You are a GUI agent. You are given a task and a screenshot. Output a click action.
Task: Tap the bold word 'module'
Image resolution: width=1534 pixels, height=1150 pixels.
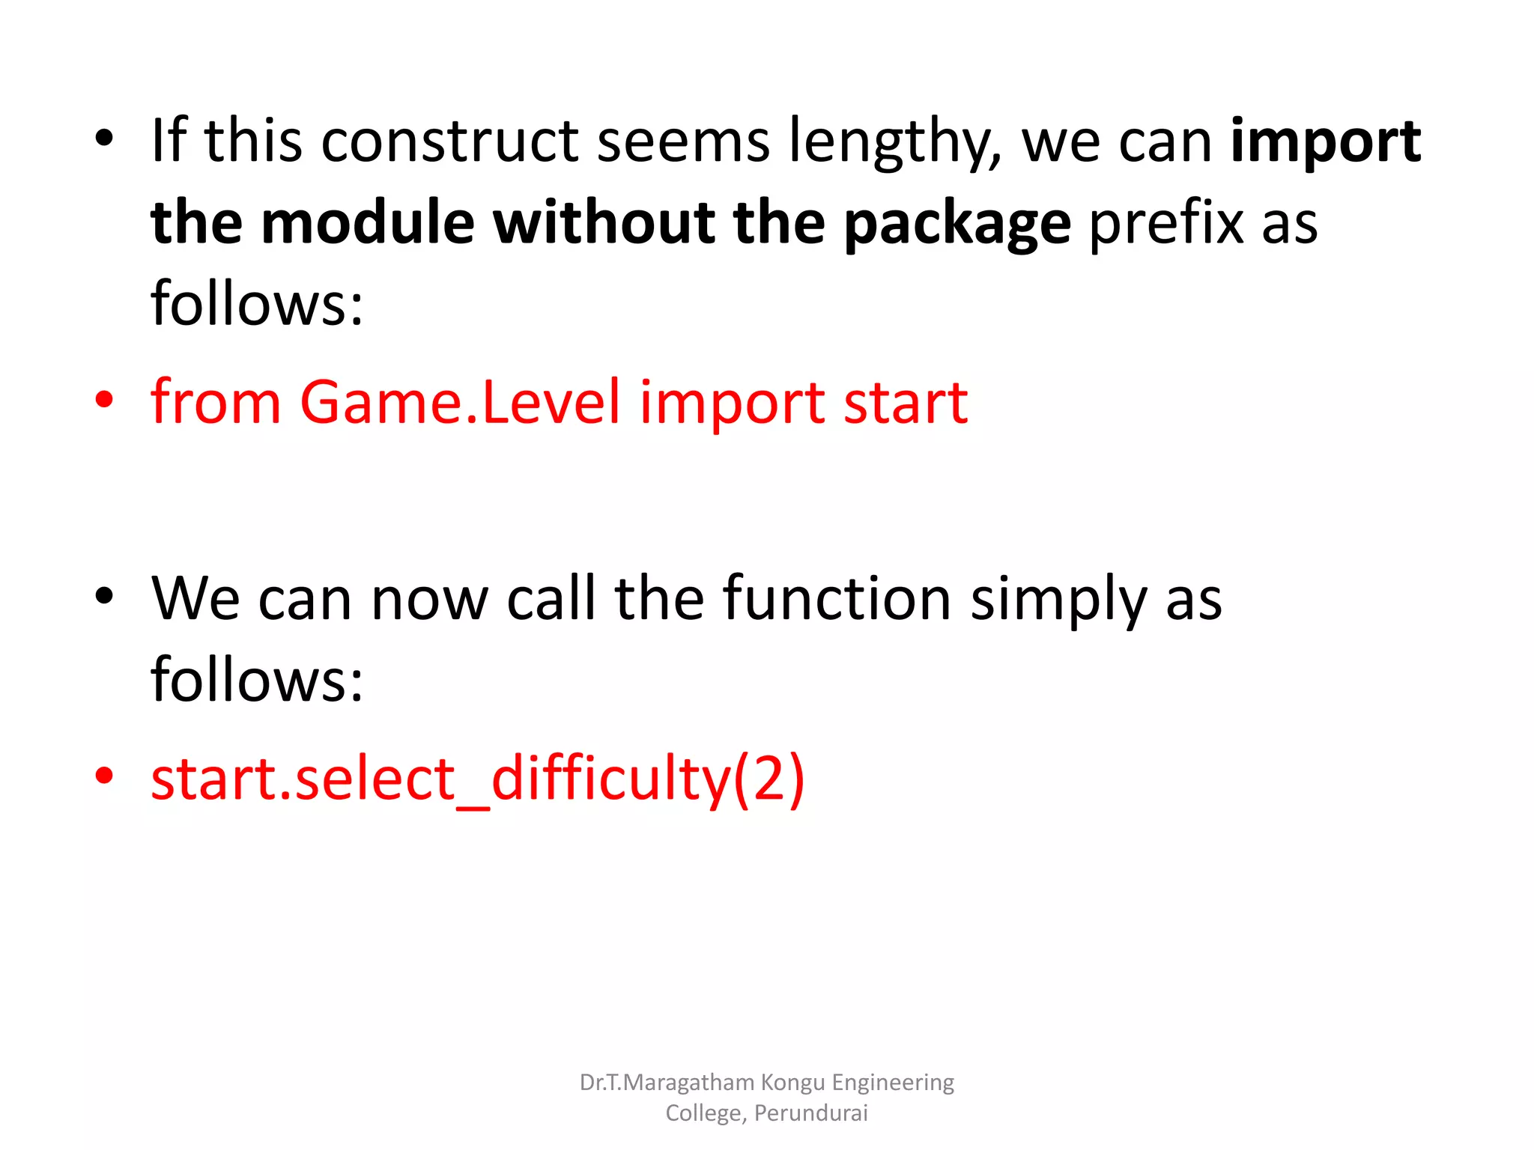(x=368, y=223)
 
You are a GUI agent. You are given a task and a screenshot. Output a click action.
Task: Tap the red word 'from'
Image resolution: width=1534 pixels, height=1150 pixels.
(x=216, y=403)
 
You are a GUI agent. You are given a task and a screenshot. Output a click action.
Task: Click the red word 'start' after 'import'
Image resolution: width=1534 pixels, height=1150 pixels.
(x=906, y=403)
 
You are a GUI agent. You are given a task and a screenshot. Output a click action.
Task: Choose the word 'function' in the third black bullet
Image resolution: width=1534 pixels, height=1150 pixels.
(x=837, y=599)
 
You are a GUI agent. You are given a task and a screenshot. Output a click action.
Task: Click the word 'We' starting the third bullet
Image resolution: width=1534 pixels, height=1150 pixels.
(x=195, y=599)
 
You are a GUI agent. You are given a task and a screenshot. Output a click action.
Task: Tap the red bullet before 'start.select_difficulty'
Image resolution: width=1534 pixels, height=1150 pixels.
(x=104, y=776)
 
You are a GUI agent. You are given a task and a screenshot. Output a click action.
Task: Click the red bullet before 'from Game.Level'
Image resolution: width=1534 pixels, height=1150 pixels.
(x=104, y=400)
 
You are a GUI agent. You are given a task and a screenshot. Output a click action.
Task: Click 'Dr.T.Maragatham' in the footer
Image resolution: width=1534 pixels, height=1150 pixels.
(x=667, y=1083)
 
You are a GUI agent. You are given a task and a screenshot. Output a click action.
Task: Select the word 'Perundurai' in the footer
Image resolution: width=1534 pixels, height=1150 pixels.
(x=810, y=1113)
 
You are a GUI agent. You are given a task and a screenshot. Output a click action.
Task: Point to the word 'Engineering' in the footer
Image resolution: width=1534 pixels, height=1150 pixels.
(x=893, y=1083)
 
